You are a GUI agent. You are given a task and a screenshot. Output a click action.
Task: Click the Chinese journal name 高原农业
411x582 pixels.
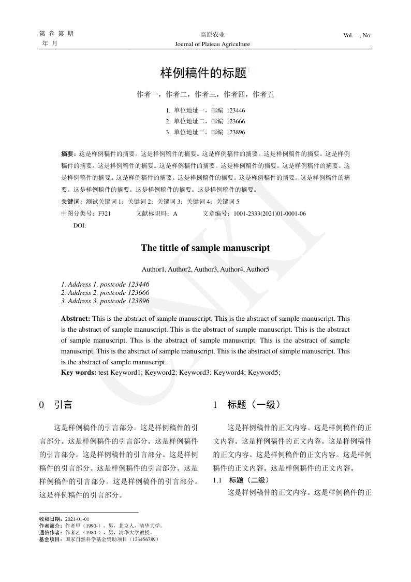pyautogui.click(x=212, y=35)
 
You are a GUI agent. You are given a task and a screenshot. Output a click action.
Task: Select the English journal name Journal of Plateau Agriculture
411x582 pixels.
pyautogui.click(x=212, y=44)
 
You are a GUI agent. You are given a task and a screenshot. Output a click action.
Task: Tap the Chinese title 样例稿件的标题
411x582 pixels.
pyautogui.click(x=203, y=73)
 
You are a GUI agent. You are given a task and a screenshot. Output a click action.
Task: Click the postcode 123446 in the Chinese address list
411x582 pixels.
pyautogui.click(x=236, y=110)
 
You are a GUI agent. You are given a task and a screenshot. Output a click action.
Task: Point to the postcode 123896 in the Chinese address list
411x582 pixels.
pyautogui.click(x=236, y=132)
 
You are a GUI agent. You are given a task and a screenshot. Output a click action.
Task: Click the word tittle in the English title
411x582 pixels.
pyautogui.click(x=166, y=248)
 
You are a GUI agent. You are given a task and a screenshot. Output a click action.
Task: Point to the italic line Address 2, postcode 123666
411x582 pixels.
pyautogui.click(x=105, y=293)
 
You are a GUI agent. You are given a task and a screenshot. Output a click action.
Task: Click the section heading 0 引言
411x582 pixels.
pyautogui.click(x=56, y=405)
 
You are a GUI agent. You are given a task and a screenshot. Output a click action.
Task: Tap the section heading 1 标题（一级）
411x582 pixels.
pyautogui.click(x=246, y=405)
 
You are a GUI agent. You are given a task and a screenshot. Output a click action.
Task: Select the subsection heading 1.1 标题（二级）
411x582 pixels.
pyautogui.click(x=241, y=480)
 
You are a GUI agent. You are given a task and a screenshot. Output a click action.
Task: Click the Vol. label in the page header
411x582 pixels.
pyautogui.click(x=348, y=35)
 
